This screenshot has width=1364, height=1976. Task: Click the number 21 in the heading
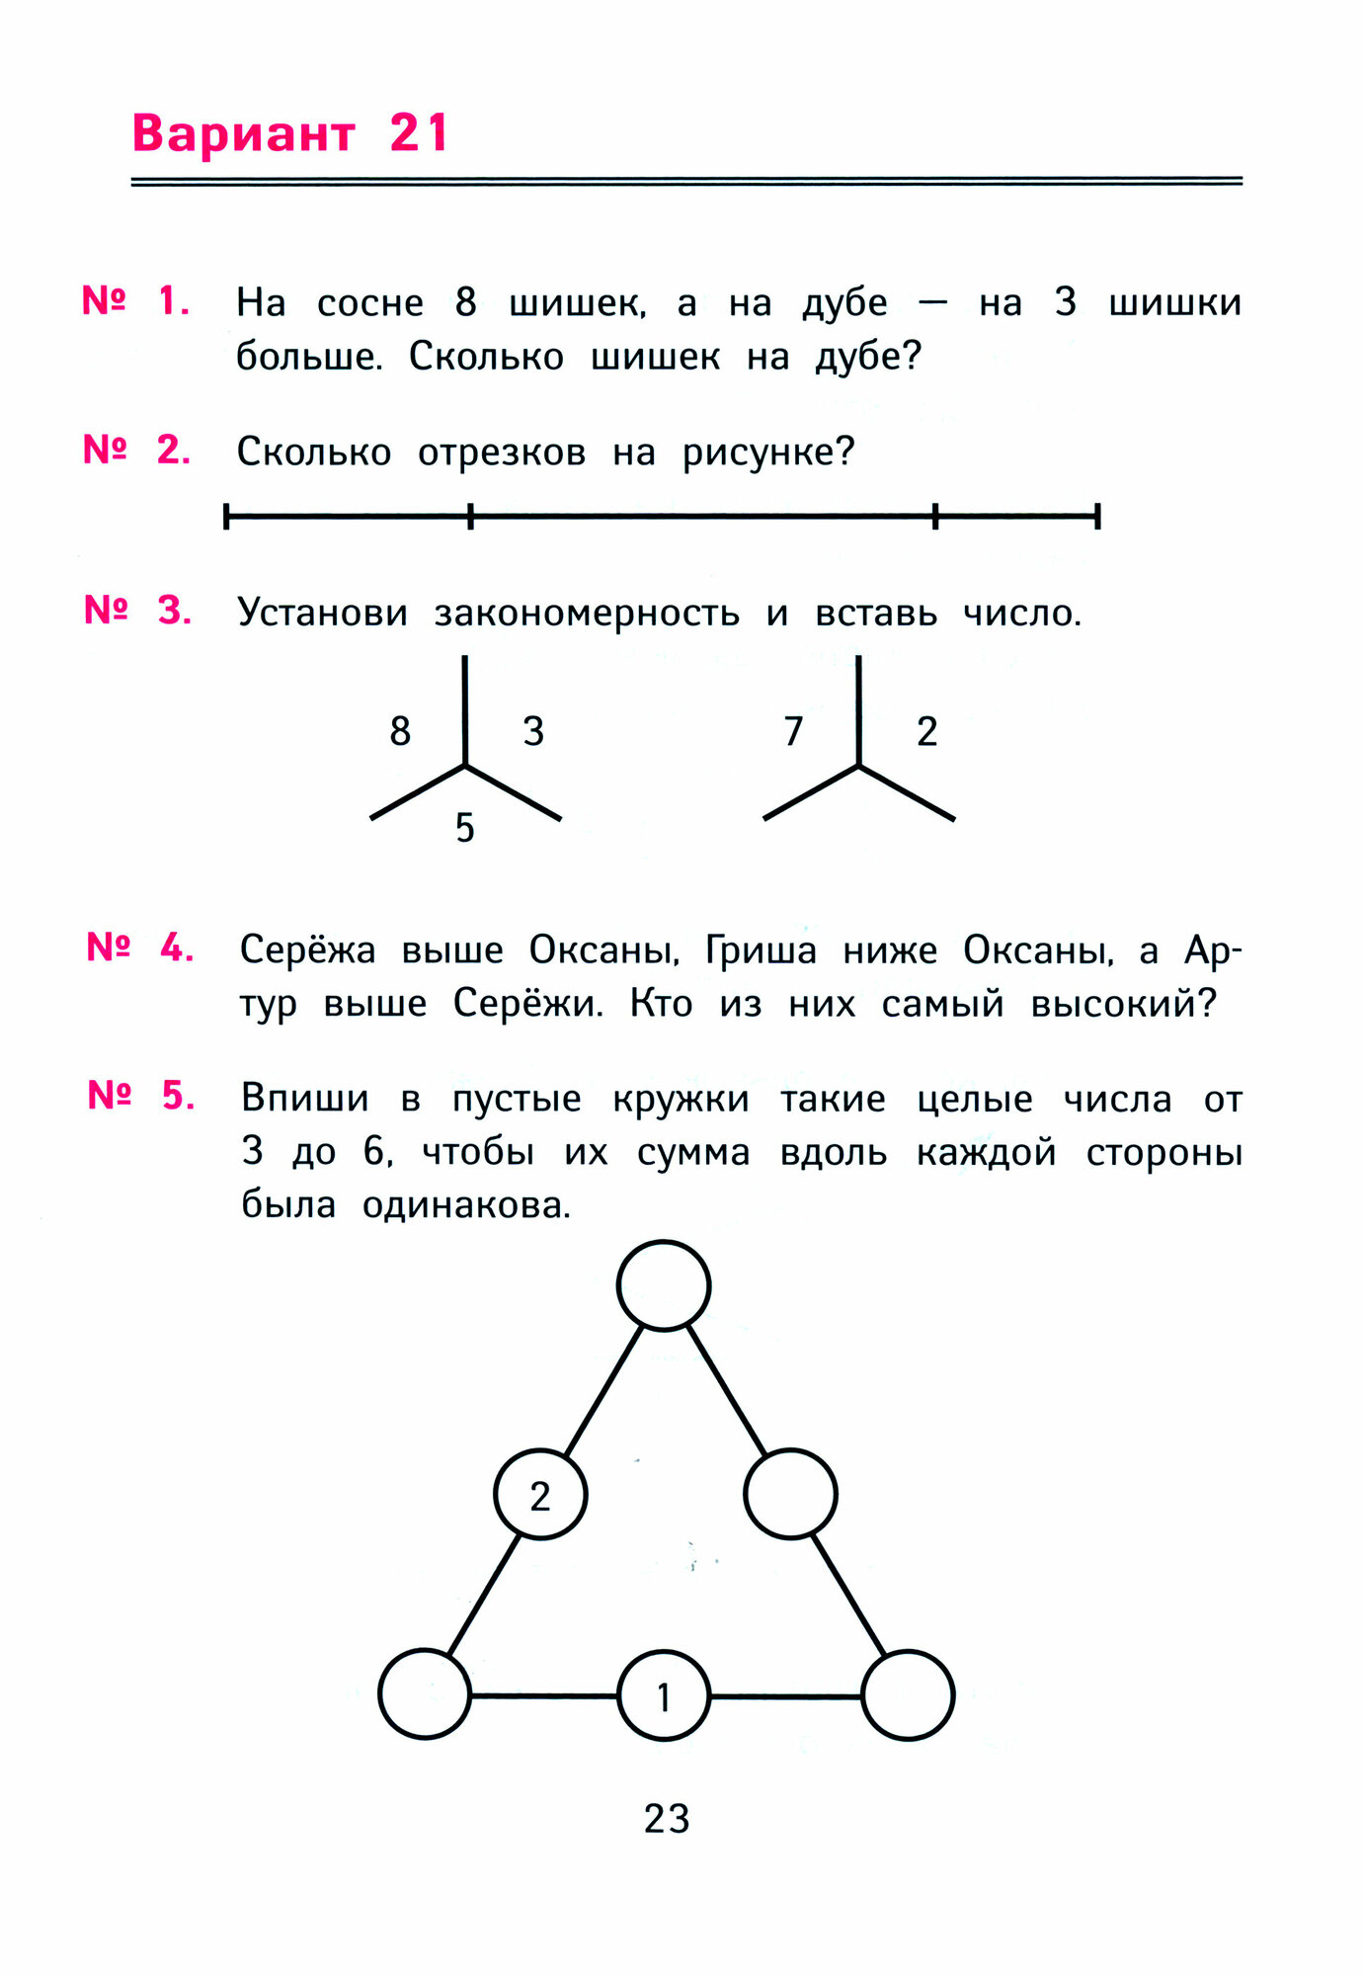[420, 133]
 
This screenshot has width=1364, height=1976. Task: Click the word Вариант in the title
[243, 133]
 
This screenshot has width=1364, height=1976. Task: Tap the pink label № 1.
[135, 300]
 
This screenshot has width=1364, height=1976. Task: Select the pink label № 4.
[139, 947]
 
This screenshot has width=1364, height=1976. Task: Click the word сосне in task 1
[370, 302]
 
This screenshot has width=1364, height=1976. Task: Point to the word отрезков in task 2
[502, 453]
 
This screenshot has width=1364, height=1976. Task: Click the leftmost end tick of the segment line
[227, 516]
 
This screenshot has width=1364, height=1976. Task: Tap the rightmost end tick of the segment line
[1097, 516]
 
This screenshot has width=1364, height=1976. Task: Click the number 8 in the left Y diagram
[400, 731]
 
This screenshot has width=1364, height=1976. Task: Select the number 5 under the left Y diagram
[465, 828]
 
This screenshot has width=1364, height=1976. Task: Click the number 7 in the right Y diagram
[793, 731]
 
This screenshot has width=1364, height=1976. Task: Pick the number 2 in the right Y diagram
[926, 731]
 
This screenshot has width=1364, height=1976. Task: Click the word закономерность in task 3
[587, 614]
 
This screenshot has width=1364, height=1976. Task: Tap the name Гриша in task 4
[761, 950]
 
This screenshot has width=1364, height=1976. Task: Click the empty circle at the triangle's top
[664, 1285]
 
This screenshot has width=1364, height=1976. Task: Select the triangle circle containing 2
[540, 1495]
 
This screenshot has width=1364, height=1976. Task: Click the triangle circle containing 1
[664, 1696]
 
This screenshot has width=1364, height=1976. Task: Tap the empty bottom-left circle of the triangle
[425, 1694]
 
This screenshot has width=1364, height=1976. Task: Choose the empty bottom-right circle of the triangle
[908, 1695]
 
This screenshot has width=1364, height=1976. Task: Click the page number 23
[667, 1818]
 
